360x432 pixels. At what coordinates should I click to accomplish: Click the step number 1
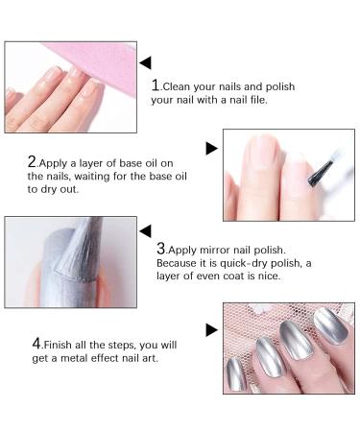coord(156,85)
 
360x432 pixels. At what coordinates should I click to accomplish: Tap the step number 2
coord(32,162)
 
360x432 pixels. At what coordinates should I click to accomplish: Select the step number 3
coord(161,247)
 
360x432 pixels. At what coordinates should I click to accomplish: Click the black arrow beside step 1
coord(145,62)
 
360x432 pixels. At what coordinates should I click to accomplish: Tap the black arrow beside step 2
coord(212,147)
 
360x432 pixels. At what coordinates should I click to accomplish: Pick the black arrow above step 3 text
coord(145,230)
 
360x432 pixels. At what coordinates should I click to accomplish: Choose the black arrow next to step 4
coord(212,330)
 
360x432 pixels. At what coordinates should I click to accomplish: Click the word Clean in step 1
coord(182,86)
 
